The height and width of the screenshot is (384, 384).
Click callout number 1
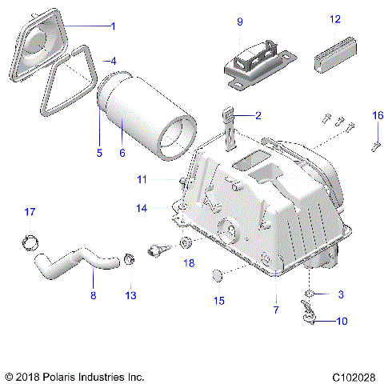112,26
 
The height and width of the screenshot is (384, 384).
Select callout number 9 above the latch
239,22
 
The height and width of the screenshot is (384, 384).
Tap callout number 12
335,18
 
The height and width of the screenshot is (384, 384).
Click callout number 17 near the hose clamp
30,212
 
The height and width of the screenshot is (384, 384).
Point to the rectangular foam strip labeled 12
335,54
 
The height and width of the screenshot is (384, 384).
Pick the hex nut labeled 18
185,243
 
